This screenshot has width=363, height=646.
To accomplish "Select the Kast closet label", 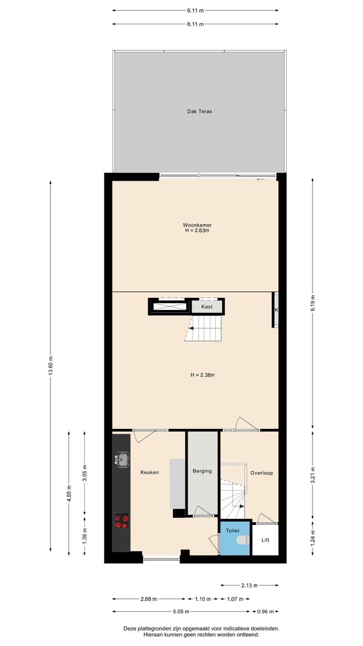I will [x=207, y=307].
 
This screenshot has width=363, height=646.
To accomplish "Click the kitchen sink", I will [x=122, y=459].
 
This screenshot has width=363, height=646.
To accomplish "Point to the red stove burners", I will [x=122, y=520].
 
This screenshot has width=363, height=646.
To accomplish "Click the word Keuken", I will [x=150, y=472].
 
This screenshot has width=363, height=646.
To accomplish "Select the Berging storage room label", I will [x=202, y=471].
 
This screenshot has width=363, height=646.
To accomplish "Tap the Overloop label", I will [x=262, y=473].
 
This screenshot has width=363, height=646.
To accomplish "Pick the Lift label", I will [x=265, y=540].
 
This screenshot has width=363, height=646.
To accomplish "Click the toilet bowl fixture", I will [x=243, y=541].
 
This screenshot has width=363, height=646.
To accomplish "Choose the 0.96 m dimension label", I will [x=265, y=612].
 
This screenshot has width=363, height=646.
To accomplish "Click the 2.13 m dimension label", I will [x=249, y=585].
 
